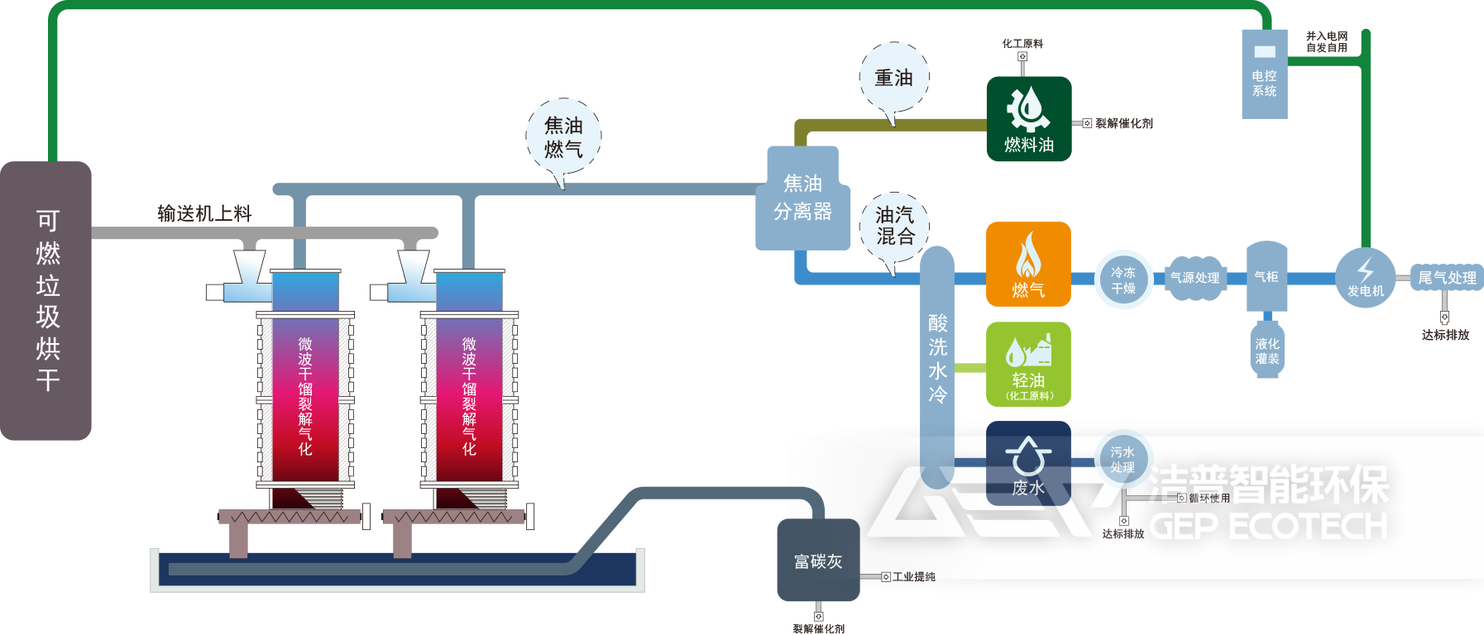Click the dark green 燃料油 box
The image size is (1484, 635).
pos(1028,119)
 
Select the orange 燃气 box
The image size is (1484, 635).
pos(1028,264)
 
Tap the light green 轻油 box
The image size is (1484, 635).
pos(1028,364)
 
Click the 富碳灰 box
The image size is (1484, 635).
pos(818,561)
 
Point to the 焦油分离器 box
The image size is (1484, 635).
pos(802,199)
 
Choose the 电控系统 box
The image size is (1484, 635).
pos(1264,74)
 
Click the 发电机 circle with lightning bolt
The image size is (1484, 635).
pos(1365,278)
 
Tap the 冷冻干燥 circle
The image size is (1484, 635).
pos(1123,280)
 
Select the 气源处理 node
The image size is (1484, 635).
pos(1194,278)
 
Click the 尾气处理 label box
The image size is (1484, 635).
pos(1446,278)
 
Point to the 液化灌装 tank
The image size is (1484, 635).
pos(1266,351)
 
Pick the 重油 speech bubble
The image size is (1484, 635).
pos(894,78)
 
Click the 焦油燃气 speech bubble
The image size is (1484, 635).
pos(563,137)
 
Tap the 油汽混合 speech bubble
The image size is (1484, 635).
pos(895,226)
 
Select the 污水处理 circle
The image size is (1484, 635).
pos(1123,460)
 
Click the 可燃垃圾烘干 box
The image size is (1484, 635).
pos(46,300)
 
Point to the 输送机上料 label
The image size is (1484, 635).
pos(204,213)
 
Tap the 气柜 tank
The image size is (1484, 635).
pos(1266,276)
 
